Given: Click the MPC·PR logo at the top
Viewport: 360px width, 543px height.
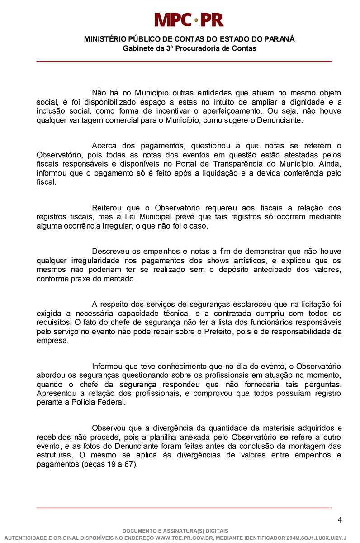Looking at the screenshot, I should click(x=189, y=20).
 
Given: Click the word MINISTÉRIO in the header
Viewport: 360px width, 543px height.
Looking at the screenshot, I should click(x=106, y=39).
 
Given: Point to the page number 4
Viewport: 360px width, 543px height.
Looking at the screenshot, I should click(x=340, y=520).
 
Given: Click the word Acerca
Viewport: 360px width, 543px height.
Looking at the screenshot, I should click(x=104, y=146).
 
